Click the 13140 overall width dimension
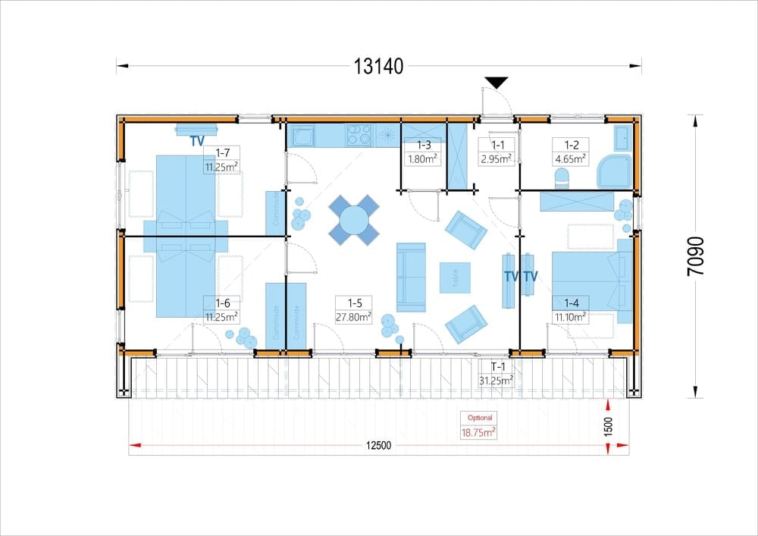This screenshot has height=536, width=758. (378, 66)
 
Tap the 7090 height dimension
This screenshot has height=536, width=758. (695, 256)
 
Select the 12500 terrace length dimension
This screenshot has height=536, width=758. (378, 446)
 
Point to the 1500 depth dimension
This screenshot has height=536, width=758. (608, 427)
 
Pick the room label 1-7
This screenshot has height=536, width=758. (222, 152)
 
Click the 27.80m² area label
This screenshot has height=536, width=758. (354, 317)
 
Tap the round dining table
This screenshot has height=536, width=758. (354, 221)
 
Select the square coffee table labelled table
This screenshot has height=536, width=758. (455, 277)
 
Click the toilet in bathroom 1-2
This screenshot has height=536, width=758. (562, 177)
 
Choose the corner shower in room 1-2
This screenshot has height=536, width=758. (615, 171)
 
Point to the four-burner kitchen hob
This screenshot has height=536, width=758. (359, 136)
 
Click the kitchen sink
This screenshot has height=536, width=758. (301, 136)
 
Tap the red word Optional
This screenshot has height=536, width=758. (480, 418)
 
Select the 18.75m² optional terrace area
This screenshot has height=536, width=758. (478, 432)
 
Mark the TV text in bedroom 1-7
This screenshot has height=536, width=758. (197, 141)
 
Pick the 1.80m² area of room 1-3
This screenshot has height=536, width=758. (423, 158)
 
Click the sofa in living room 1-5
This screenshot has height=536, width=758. (411, 277)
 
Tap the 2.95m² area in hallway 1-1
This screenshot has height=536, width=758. (497, 158)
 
